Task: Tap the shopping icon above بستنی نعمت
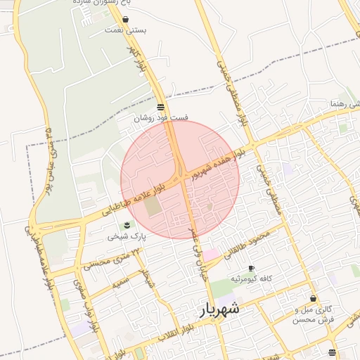click(x=125, y=20)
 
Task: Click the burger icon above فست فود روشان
click(x=161, y=107)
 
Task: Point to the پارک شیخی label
click(x=127, y=237)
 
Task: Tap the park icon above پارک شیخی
click(x=127, y=225)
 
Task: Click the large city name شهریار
click(x=218, y=309)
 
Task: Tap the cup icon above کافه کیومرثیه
click(x=251, y=269)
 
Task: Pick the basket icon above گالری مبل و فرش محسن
click(x=313, y=298)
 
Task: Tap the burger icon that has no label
click(x=331, y=352)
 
